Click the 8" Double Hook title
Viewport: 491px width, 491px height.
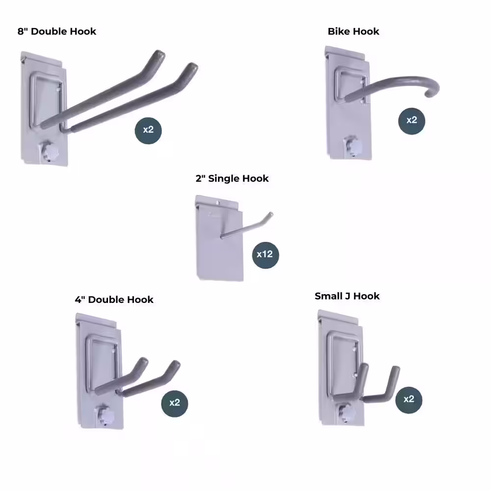click(x=57, y=31)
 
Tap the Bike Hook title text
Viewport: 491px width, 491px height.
click(x=354, y=31)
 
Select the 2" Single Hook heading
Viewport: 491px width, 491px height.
click(x=232, y=178)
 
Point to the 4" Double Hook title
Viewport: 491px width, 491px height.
click(x=114, y=300)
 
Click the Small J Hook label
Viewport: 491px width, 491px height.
click(x=347, y=296)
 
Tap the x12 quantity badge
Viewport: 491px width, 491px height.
click(x=265, y=254)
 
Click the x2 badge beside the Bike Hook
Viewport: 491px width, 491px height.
click(x=411, y=120)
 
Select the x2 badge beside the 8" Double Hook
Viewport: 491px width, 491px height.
click(x=148, y=130)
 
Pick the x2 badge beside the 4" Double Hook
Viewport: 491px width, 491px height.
click(x=175, y=403)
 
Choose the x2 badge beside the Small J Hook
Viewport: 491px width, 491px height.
click(x=409, y=399)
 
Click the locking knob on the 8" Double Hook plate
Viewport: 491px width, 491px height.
click(x=48, y=151)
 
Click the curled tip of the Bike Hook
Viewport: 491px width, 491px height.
click(x=433, y=91)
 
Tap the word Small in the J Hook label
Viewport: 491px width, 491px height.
click(x=329, y=296)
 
